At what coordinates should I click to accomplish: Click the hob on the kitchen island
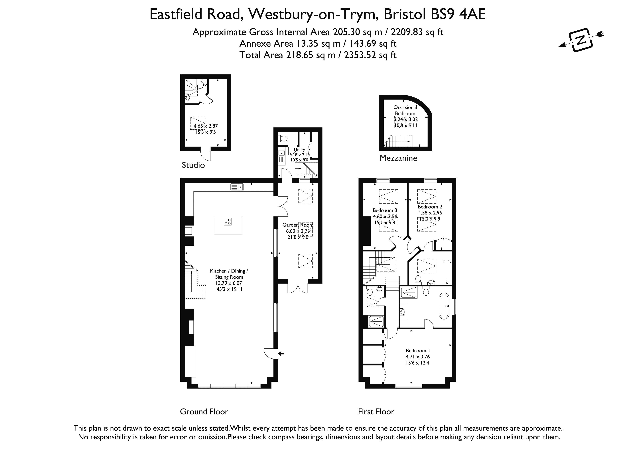click(228, 221)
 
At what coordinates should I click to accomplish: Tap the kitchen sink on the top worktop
click(237, 187)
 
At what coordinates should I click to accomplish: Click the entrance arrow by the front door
click(281, 353)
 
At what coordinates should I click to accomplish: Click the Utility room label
click(299, 150)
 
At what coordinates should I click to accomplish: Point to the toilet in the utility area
click(283, 139)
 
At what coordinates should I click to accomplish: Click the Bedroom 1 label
click(418, 350)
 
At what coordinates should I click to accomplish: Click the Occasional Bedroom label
click(405, 110)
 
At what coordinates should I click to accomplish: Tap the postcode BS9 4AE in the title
click(458, 14)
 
